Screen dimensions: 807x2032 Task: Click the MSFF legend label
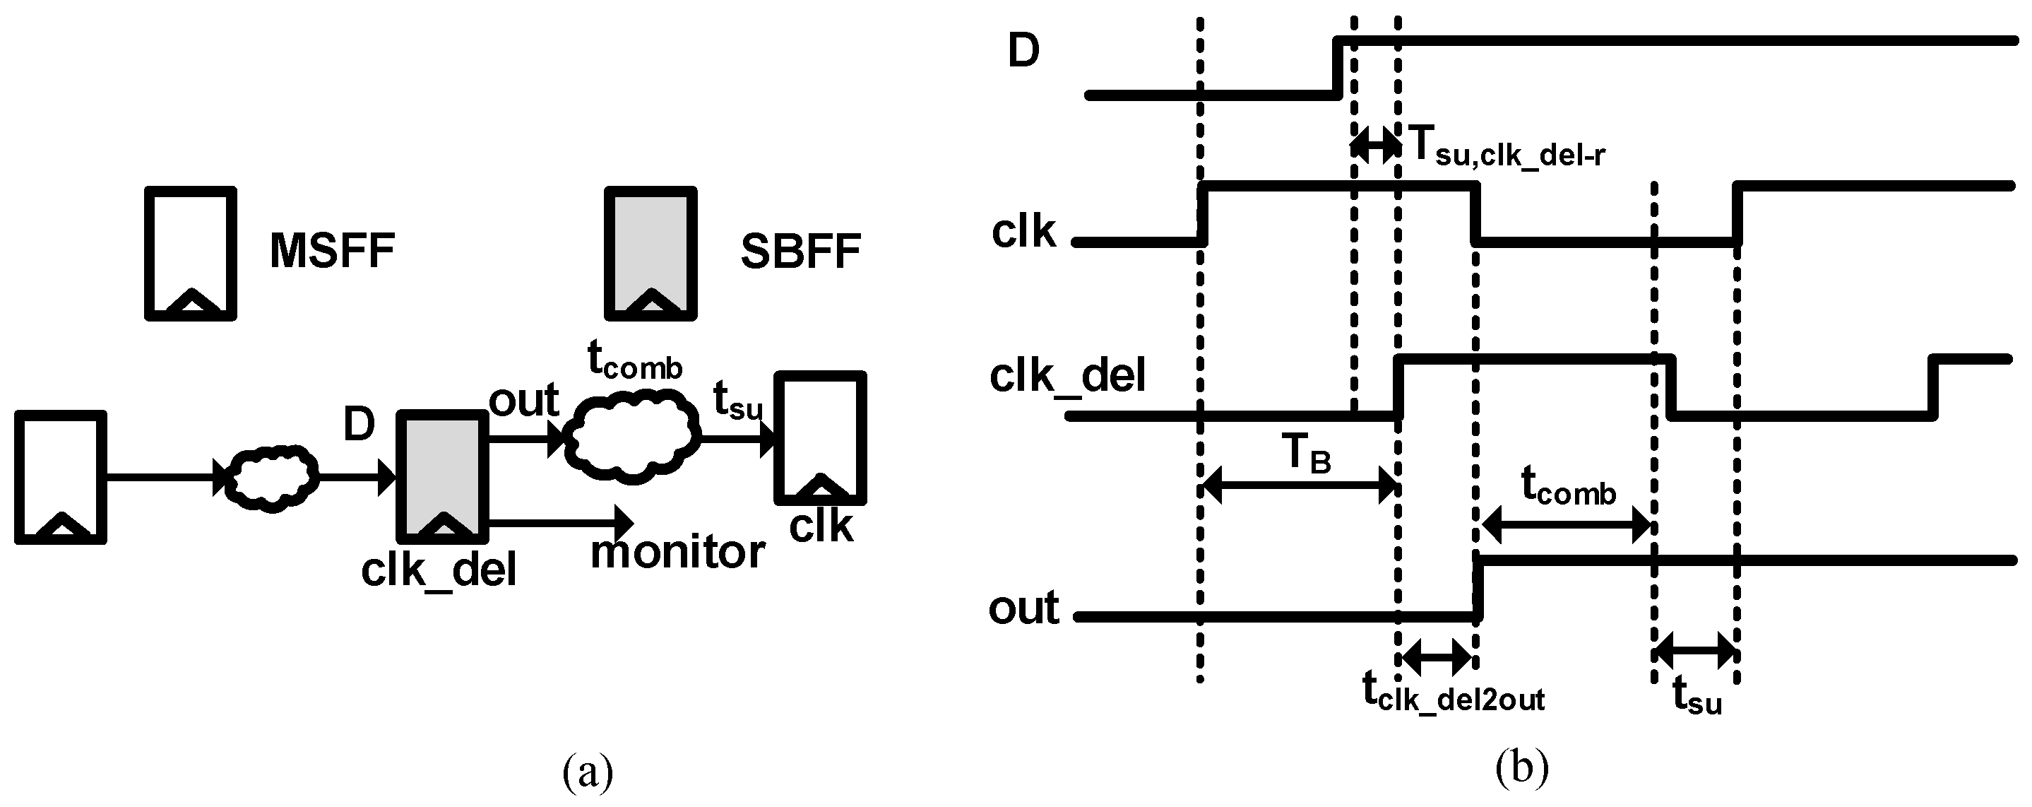(x=332, y=252)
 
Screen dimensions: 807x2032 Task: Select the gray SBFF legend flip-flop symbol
(x=650, y=252)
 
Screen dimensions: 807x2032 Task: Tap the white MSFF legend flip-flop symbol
(x=190, y=252)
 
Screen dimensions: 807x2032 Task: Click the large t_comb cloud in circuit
(x=635, y=437)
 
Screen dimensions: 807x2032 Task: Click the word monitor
(x=677, y=552)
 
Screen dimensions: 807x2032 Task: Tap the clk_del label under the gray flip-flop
(x=439, y=570)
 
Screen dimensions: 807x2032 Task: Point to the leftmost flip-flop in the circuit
(x=60, y=476)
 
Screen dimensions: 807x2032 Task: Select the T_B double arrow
(x=1298, y=485)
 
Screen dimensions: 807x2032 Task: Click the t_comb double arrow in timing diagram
(x=1565, y=527)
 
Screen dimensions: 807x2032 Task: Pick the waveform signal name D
(x=1023, y=52)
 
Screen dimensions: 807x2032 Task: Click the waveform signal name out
(x=1023, y=608)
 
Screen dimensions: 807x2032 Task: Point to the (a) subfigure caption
(x=588, y=772)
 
